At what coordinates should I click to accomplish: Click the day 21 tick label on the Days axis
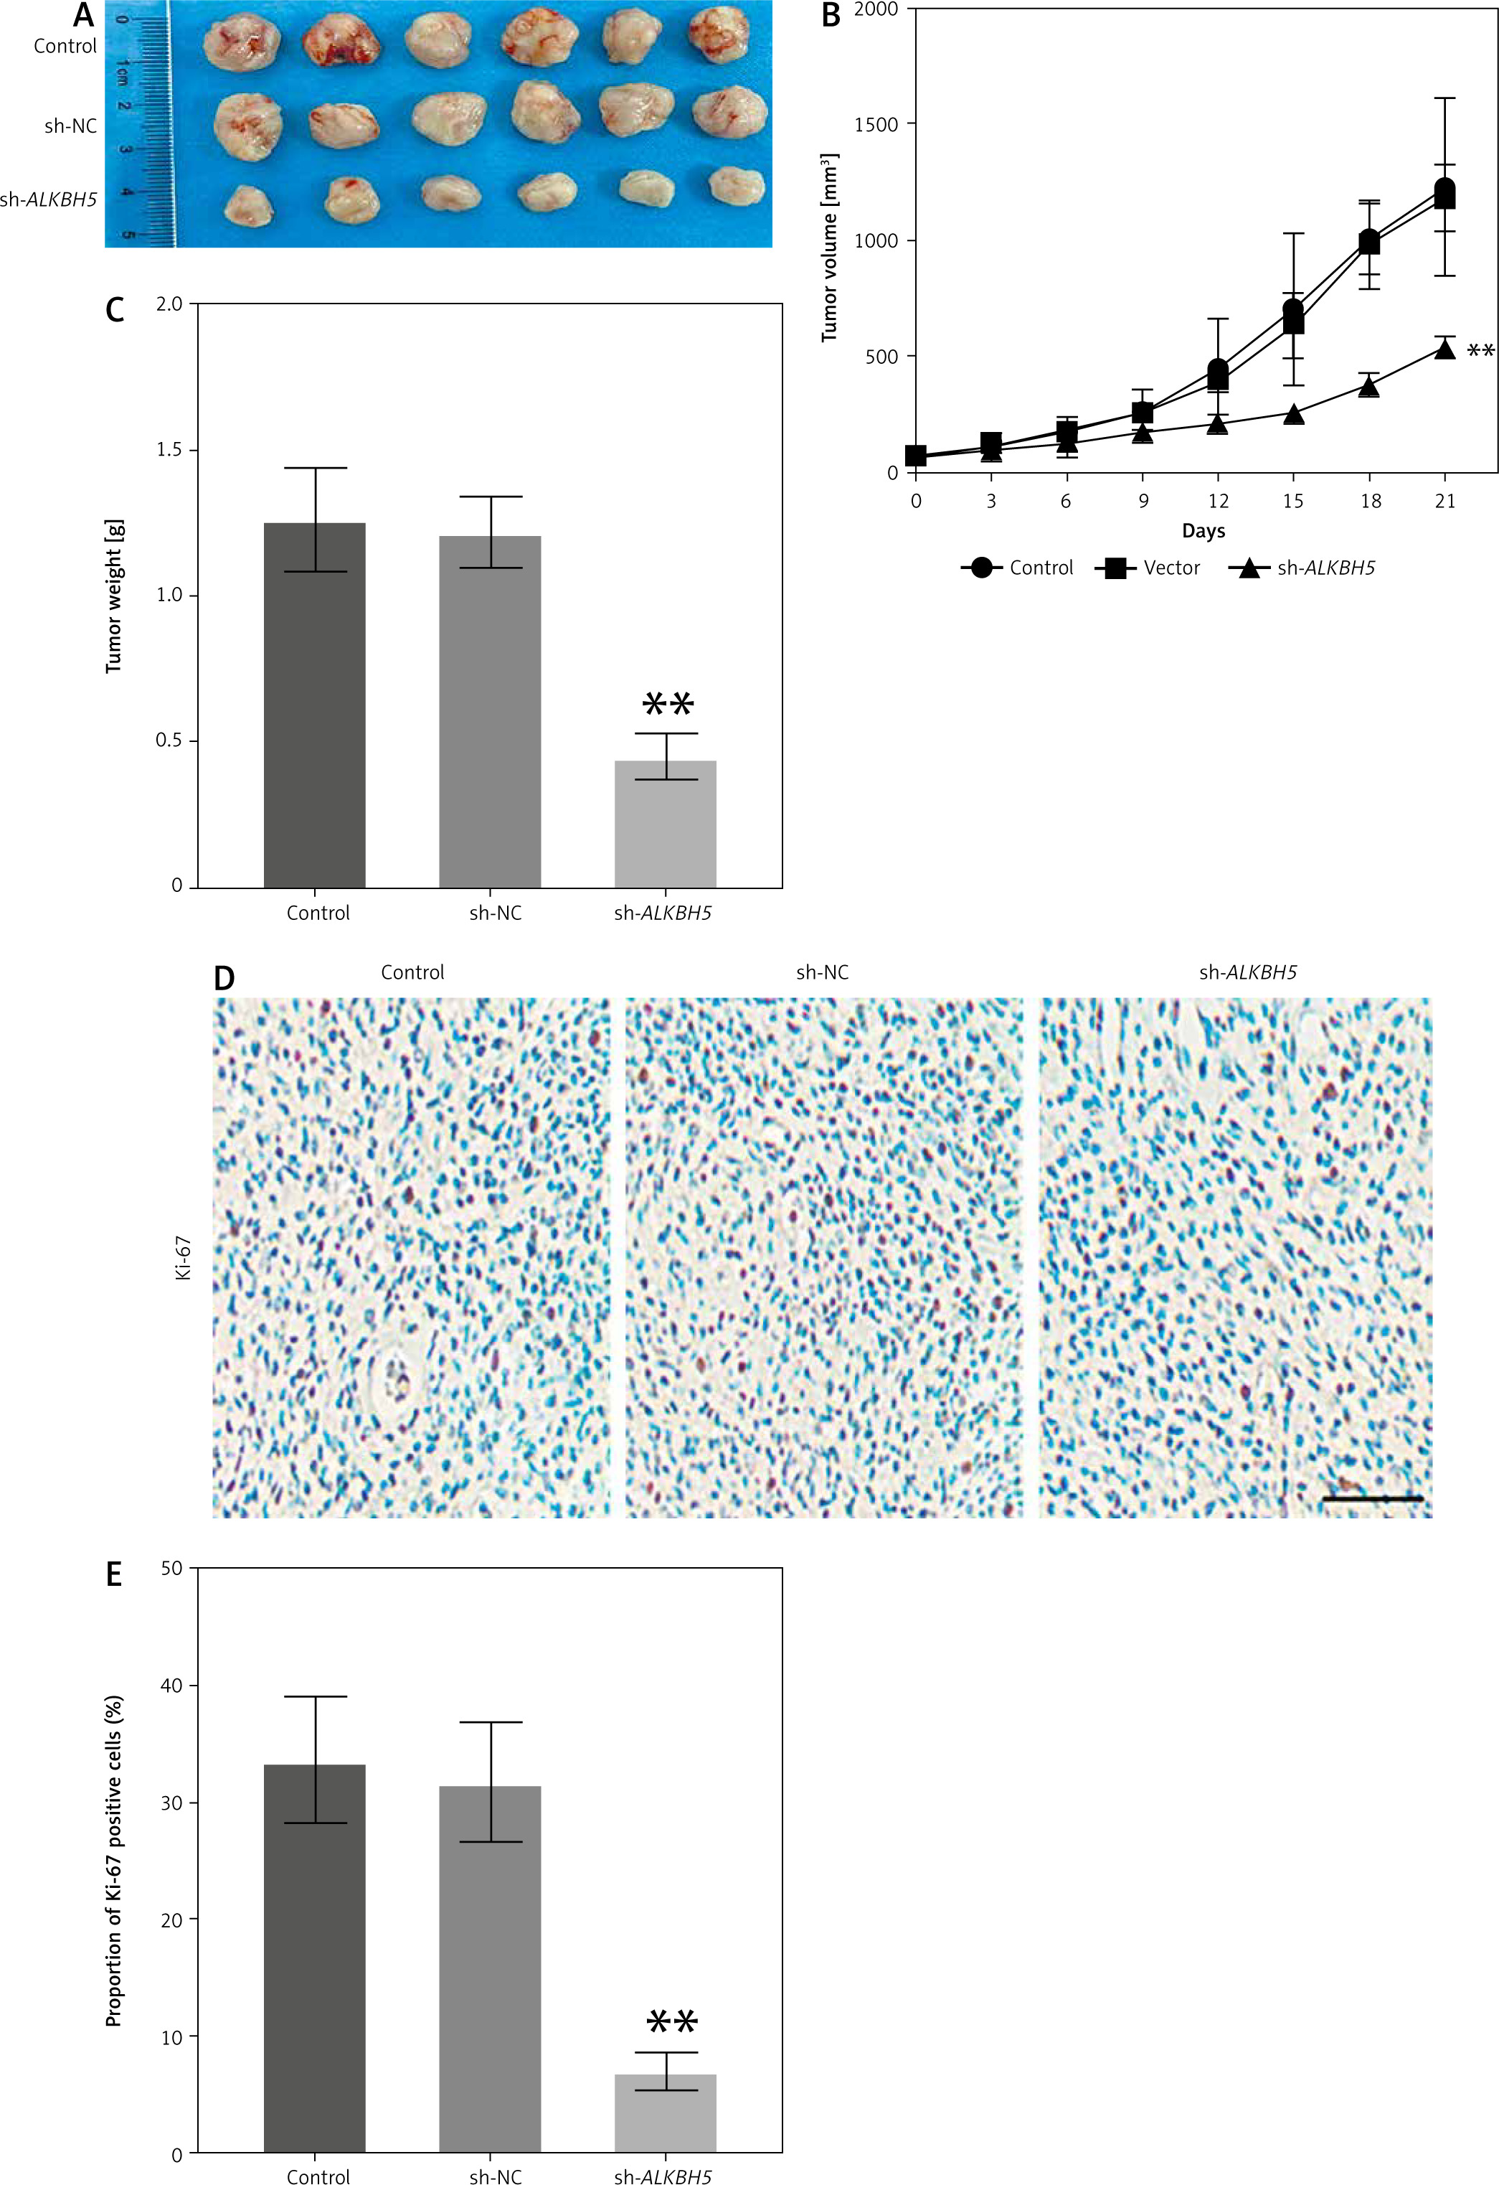click(1444, 501)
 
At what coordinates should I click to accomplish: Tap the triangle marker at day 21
click(1444, 349)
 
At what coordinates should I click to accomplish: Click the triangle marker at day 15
click(1293, 415)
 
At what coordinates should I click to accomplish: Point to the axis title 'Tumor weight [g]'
click(114, 596)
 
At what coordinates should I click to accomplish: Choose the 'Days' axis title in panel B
click(1203, 531)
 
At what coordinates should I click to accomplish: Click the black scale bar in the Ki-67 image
click(1372, 1498)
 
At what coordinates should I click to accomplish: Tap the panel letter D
click(224, 979)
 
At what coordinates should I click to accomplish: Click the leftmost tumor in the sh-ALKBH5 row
click(249, 205)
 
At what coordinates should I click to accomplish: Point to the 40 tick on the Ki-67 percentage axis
click(172, 1686)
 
